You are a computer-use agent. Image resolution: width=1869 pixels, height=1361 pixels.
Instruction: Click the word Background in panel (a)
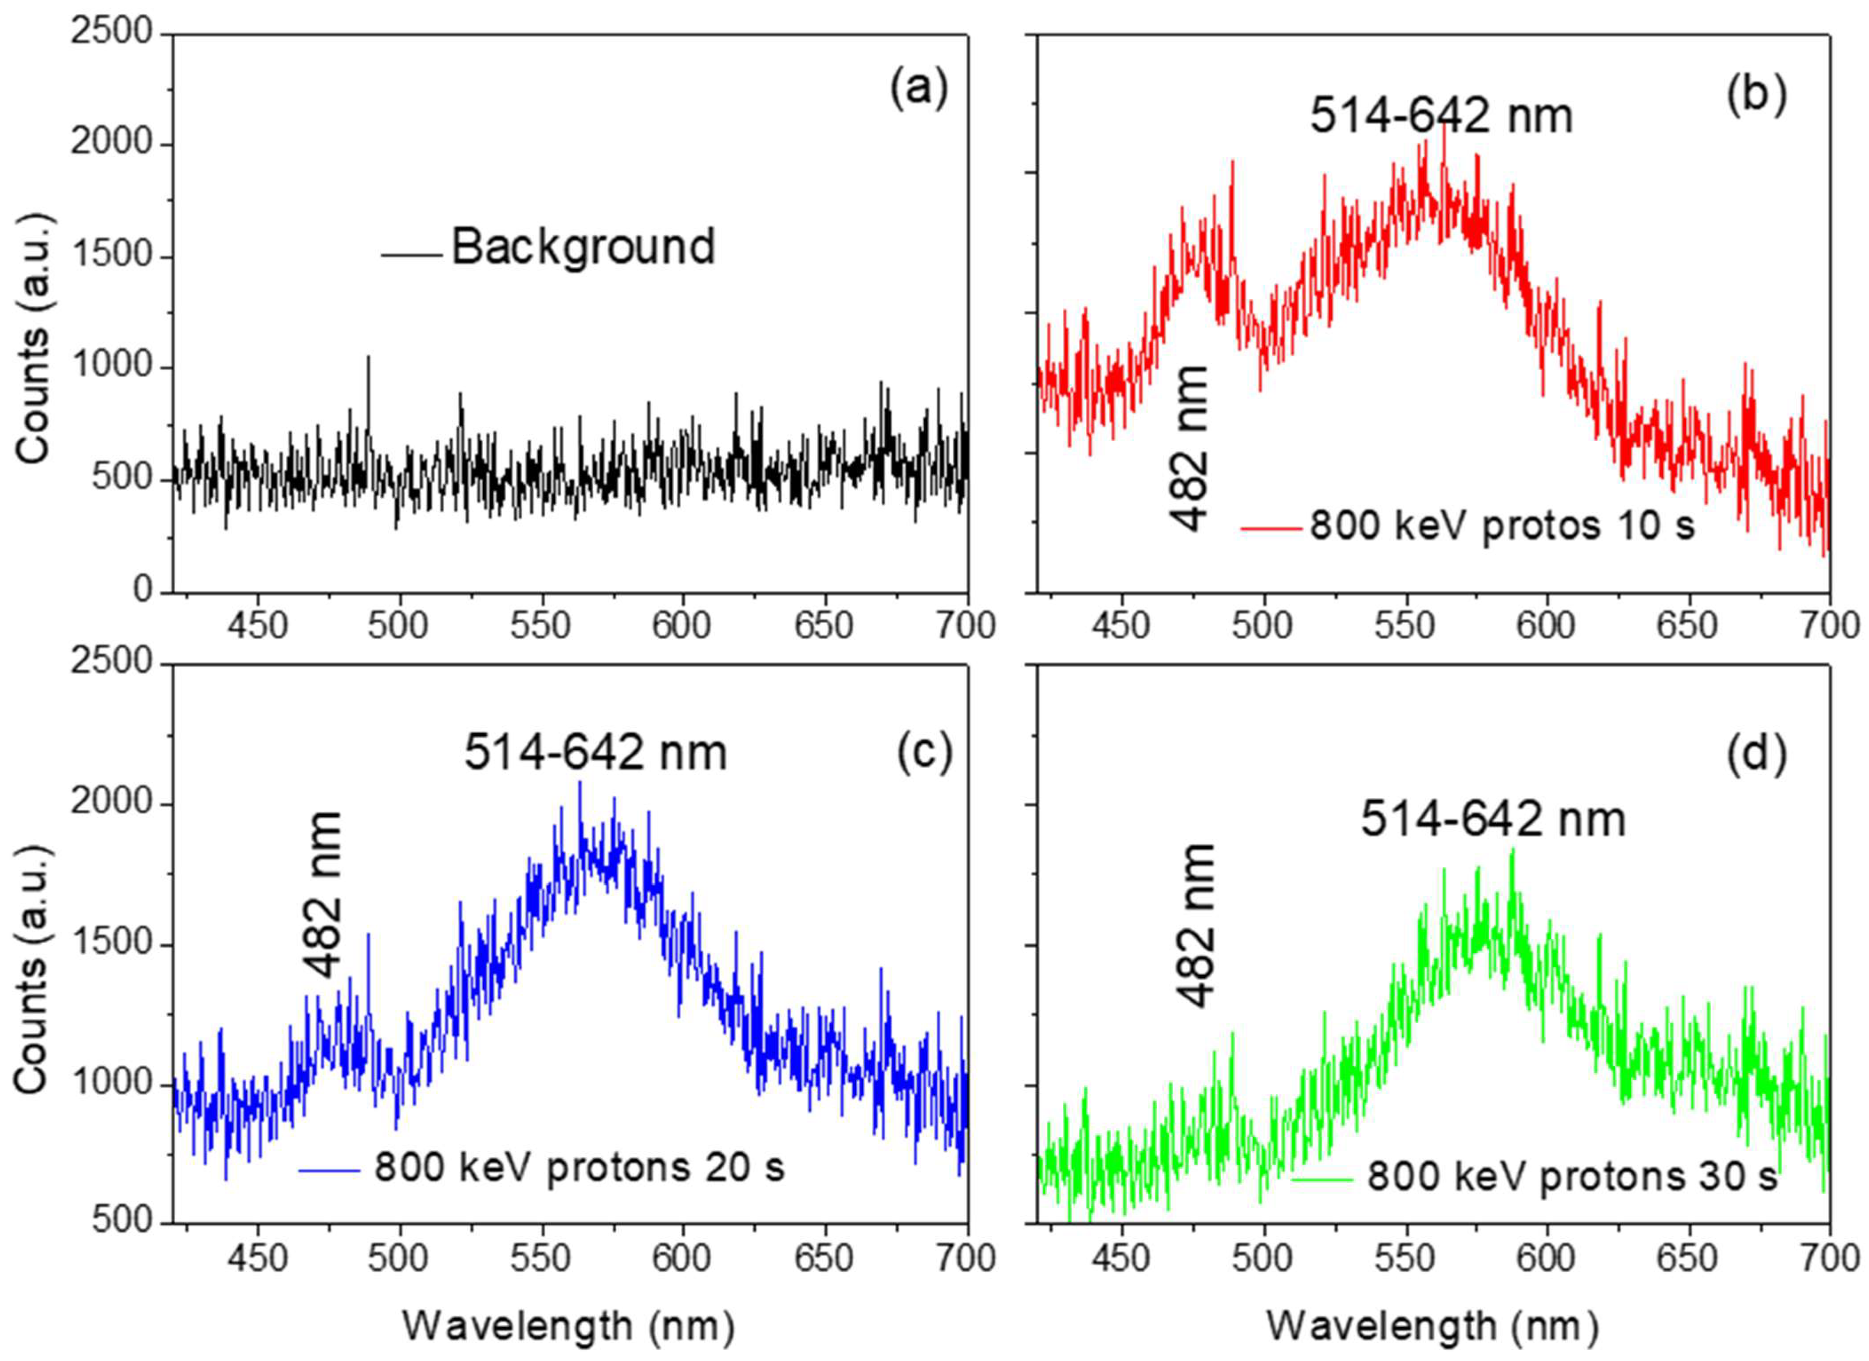[x=583, y=247]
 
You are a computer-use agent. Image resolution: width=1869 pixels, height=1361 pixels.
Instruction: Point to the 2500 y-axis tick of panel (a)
[x=112, y=33]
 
